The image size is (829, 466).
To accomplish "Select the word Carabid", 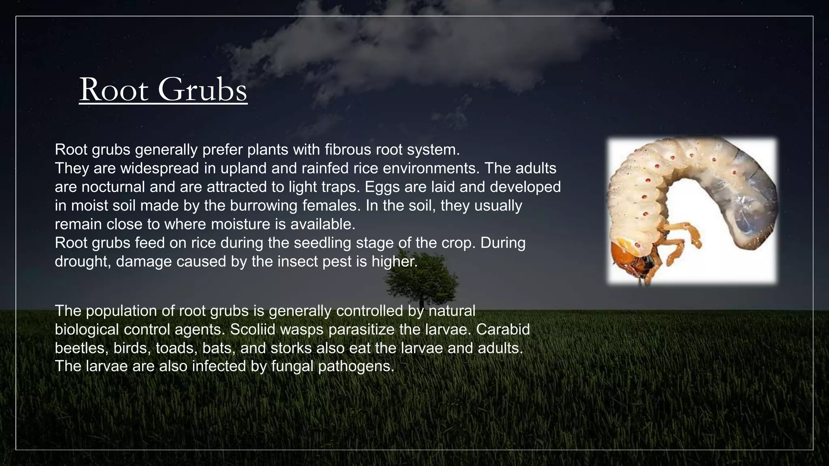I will (x=503, y=330).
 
